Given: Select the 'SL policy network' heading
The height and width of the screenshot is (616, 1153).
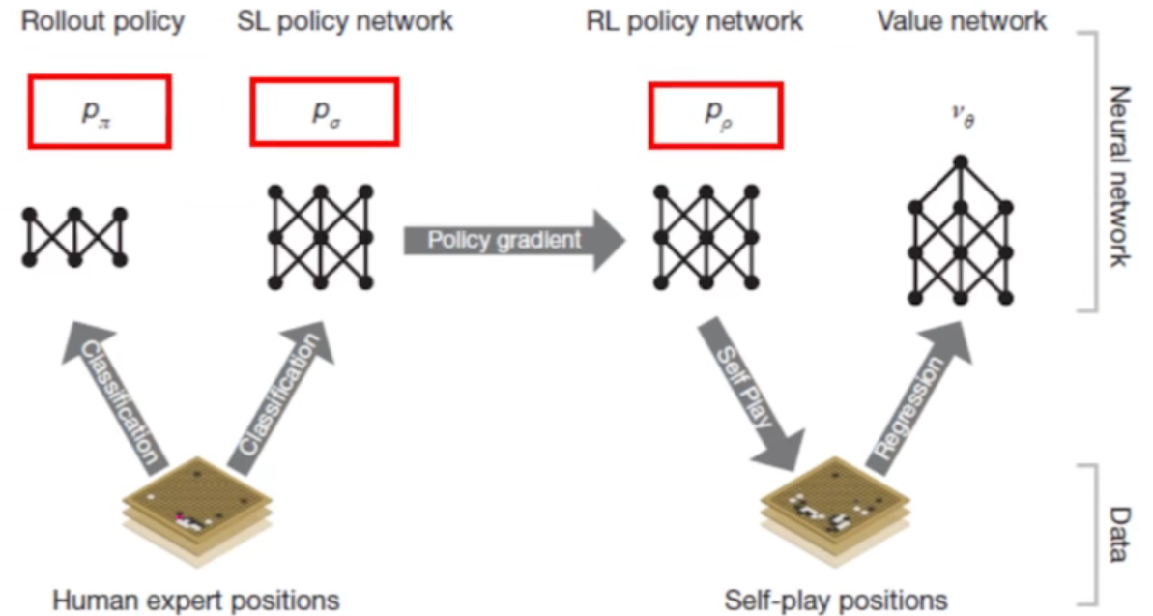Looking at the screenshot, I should pyautogui.click(x=344, y=21).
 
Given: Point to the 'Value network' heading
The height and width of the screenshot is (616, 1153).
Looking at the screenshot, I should pyautogui.click(x=961, y=21).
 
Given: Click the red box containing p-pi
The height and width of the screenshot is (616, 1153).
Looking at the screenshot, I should pyautogui.click(x=99, y=111).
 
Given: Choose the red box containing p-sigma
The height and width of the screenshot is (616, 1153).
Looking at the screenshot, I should pyautogui.click(x=324, y=111).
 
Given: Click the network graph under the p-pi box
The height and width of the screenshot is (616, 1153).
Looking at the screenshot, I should pyautogui.click(x=74, y=236).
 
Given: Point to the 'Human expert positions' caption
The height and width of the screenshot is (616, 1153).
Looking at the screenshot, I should pyautogui.click(x=195, y=600).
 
